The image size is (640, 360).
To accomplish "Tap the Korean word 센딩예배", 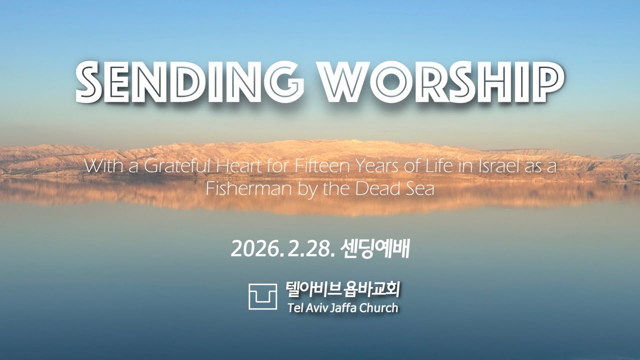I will [374, 249].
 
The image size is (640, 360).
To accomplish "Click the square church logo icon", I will [262, 296].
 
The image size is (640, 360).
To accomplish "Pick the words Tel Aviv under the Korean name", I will [305, 307].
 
